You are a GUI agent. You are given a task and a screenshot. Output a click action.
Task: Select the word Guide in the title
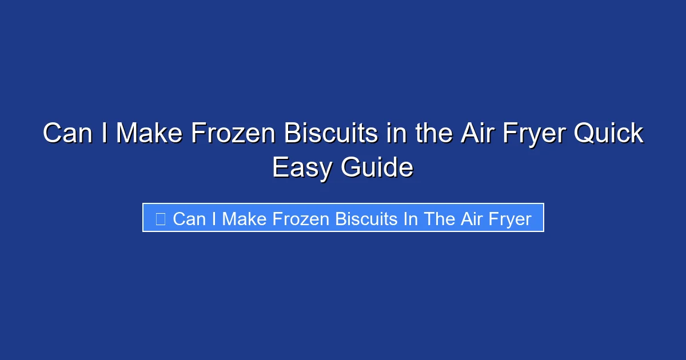(377, 169)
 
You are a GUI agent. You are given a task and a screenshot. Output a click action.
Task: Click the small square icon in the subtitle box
(161, 218)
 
